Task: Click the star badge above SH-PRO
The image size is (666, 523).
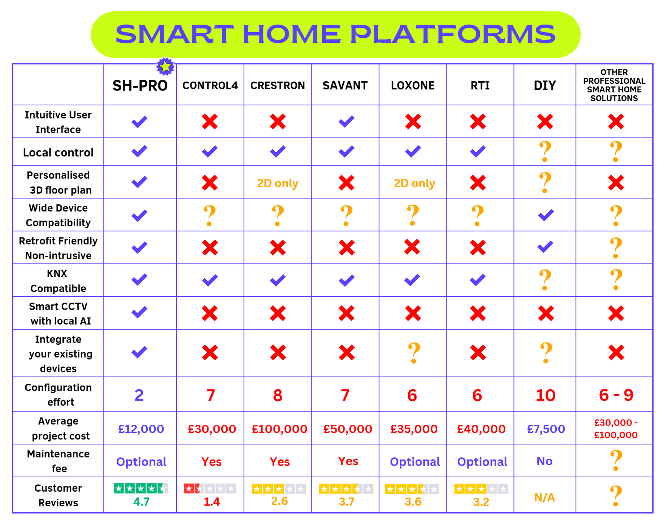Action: tap(165, 67)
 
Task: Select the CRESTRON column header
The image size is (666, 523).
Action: tap(278, 86)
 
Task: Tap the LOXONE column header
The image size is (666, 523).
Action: tap(413, 86)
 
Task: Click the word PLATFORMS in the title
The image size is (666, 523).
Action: tap(452, 34)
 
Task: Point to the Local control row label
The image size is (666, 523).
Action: tap(58, 153)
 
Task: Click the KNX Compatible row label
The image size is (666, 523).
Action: tap(58, 281)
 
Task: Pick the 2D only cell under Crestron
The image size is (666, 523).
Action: tap(278, 183)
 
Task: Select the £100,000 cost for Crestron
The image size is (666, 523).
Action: tap(280, 429)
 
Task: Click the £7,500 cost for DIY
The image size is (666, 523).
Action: tap(546, 429)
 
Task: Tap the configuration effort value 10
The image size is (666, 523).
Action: tap(545, 395)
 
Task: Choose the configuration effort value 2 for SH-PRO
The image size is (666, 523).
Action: tap(139, 395)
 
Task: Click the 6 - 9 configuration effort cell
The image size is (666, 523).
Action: tap(616, 395)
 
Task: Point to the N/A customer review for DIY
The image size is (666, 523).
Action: tap(544, 498)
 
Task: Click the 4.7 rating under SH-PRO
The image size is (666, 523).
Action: tap(141, 502)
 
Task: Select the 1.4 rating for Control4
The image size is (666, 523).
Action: tap(212, 502)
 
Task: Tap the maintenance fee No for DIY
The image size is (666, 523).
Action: tap(544, 461)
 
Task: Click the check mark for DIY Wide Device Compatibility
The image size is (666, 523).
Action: tap(546, 215)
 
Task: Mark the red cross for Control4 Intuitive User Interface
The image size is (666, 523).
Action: tap(210, 122)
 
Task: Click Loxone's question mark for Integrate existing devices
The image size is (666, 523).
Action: tap(414, 353)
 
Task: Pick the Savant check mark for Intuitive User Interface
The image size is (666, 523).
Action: tap(346, 122)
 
